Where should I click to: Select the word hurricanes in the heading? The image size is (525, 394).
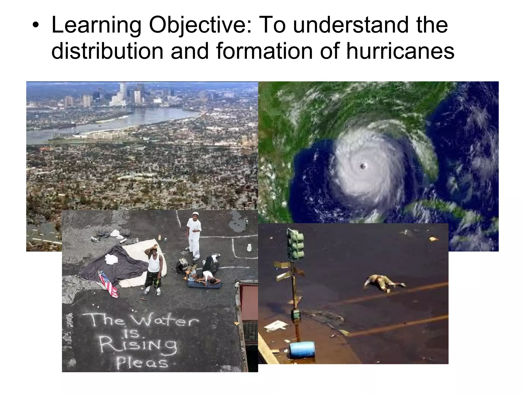400,51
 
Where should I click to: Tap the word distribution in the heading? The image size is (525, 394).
107,51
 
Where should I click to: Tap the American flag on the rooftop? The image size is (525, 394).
108,284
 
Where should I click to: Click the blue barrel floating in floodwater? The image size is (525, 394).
302,349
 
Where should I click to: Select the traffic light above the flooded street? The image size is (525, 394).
296,244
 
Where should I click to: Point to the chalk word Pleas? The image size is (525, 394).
143,362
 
